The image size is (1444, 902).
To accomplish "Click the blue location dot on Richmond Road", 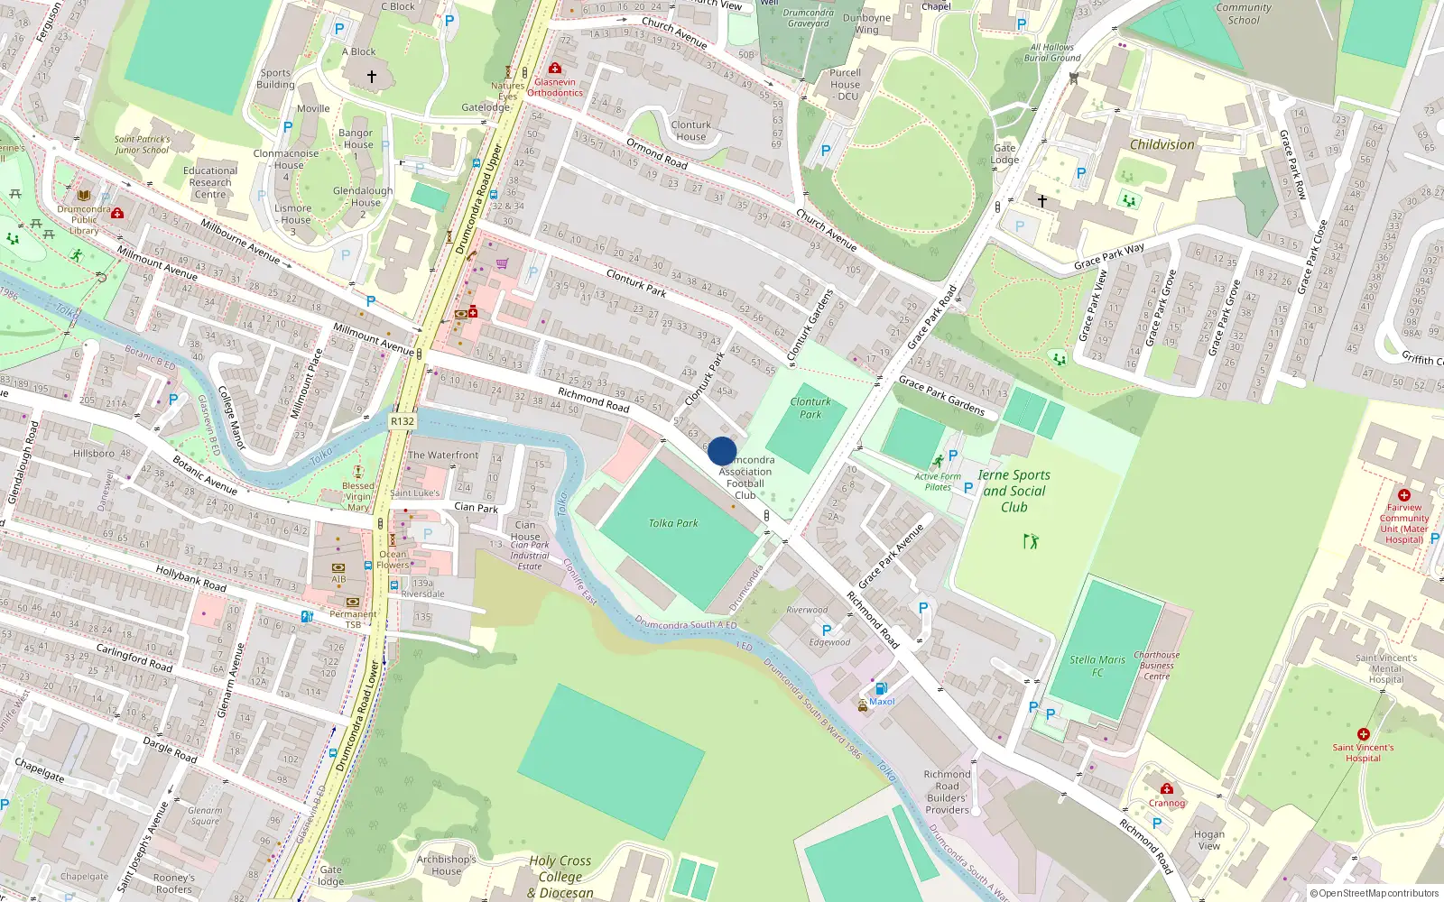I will point(722,451).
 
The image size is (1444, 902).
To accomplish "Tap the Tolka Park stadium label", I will point(673,523).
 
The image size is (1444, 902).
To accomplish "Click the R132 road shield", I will point(403,421).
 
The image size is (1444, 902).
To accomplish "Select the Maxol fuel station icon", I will point(881,688).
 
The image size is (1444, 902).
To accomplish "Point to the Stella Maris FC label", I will point(1097,666).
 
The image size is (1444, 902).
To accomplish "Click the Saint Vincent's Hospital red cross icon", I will point(1364,734).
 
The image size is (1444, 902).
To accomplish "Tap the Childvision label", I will point(1162,144).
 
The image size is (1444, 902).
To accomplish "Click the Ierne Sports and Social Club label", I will point(1014,491).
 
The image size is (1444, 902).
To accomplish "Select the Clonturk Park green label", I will point(810,408).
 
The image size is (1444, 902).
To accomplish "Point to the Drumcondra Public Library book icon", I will point(84,195).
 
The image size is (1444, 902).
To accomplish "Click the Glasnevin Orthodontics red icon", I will point(555,69).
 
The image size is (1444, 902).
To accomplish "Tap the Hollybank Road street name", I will point(191,578).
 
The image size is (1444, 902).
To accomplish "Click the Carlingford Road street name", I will point(134,658).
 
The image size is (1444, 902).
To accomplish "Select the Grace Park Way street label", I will point(1109,257).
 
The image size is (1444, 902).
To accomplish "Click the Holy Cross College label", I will point(560,869).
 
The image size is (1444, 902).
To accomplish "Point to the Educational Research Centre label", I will point(210,182).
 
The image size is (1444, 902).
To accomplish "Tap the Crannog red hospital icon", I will point(1167,788).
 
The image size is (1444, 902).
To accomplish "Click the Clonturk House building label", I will point(691,131).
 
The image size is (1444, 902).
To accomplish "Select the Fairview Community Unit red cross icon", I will point(1404,495).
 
